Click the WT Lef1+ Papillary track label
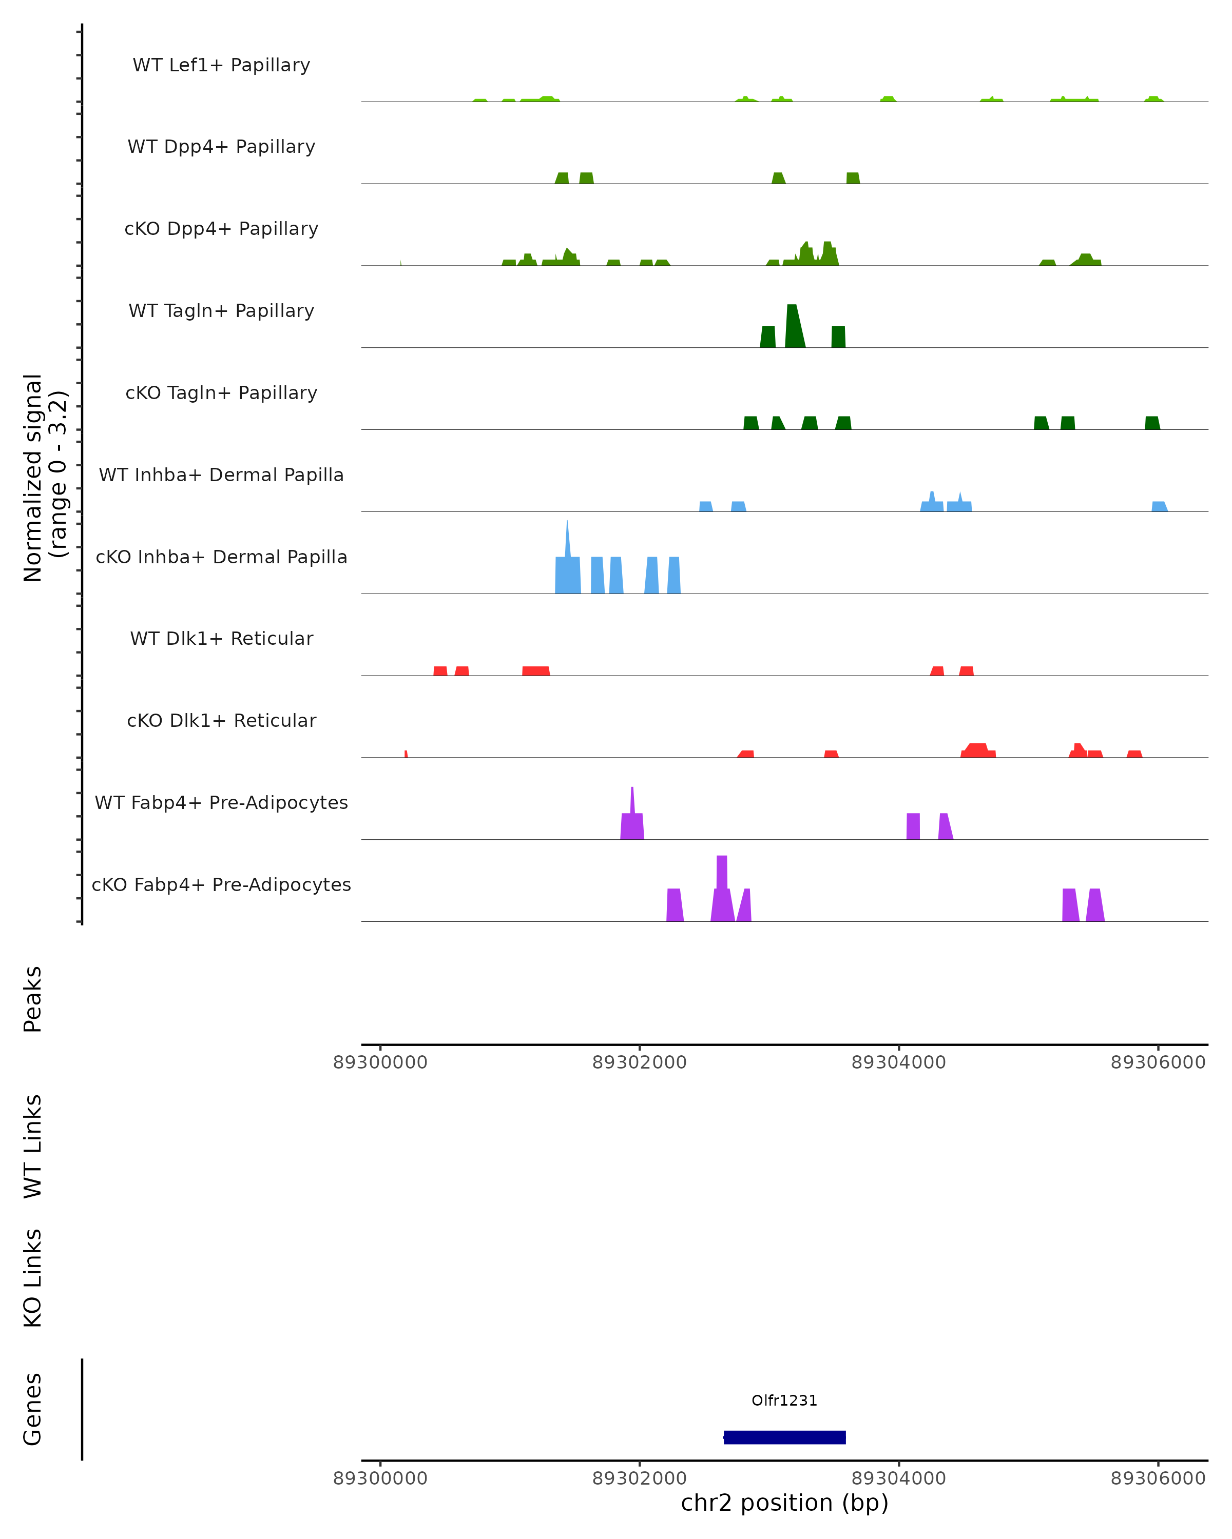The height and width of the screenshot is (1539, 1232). pos(221,65)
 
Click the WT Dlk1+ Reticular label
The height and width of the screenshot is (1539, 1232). pos(221,638)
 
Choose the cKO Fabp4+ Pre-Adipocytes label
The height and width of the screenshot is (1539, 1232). pos(221,884)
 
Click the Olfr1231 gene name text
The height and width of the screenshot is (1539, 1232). pos(784,1400)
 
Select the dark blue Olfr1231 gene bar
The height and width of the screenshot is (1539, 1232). pos(784,1437)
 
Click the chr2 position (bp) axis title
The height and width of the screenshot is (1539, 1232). pos(784,1503)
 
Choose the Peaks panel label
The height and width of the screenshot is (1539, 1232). pos(33,999)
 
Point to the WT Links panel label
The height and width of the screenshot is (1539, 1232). pos(33,1146)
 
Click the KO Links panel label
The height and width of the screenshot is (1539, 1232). pos(33,1278)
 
